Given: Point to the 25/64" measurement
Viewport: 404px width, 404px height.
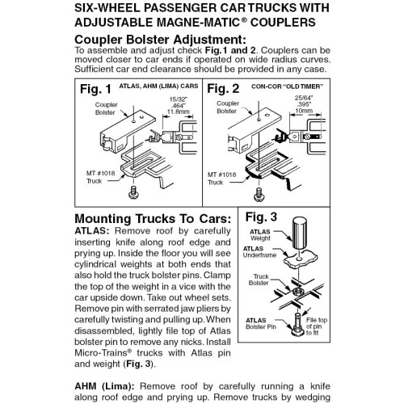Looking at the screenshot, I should [312, 96].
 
